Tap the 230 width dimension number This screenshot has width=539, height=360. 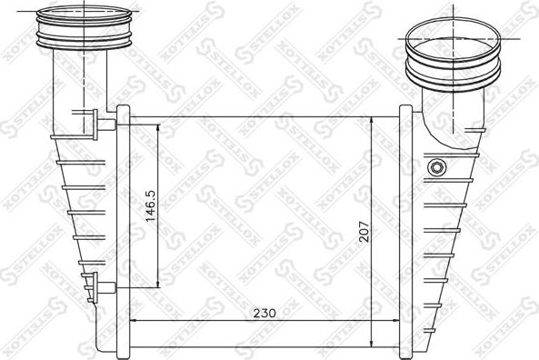(x=264, y=312)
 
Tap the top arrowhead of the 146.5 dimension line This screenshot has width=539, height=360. (x=161, y=129)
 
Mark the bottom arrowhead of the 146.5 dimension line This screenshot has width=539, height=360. (x=161, y=282)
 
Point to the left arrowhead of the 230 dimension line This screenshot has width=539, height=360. (x=135, y=321)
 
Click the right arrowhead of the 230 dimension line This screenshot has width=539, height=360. (x=397, y=321)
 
